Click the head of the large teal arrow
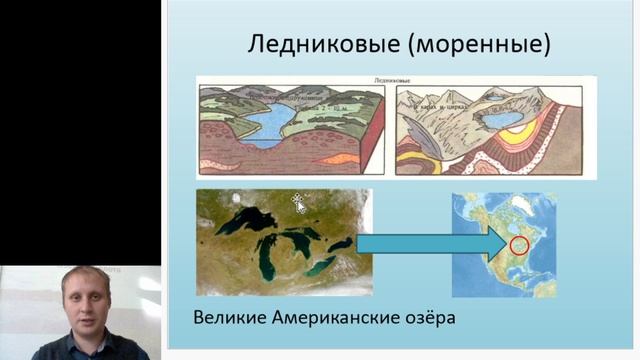pos(492,243)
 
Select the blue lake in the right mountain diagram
pos(500,121)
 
